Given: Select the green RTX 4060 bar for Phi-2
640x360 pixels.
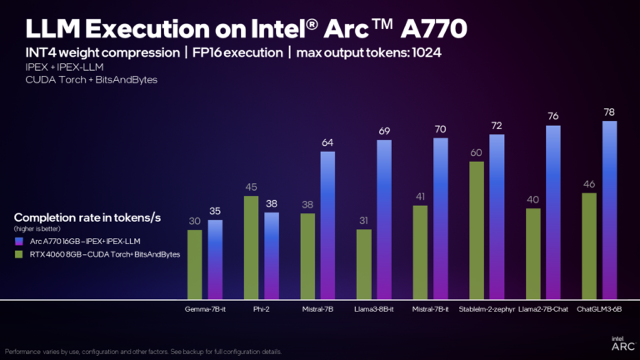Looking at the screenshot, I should pos(250,247).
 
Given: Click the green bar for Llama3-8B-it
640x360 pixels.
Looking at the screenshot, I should pos(363,263).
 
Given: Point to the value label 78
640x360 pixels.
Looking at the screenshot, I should pos(609,112).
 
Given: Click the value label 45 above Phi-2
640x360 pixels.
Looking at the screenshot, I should pos(250,187).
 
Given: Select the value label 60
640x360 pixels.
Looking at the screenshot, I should pos(477,152).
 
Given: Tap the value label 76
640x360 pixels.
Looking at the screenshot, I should pos(553,117).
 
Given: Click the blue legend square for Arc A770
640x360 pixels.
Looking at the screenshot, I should pos(19,241).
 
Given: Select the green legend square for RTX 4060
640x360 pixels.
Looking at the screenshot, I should pos(19,253).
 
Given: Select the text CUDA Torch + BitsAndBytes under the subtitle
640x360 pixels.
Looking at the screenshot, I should pos(81,80).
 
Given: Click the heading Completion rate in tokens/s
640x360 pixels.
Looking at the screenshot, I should pos(87,217).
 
